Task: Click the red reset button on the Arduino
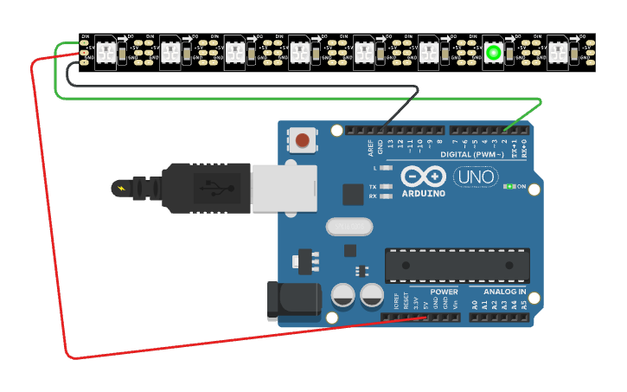(x=302, y=139)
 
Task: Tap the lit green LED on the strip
(x=493, y=53)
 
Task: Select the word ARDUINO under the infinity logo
(x=424, y=193)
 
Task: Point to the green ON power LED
(x=511, y=186)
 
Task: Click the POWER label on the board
(x=444, y=292)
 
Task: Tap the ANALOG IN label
(x=503, y=292)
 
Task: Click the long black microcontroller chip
(x=457, y=265)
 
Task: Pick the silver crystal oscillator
(x=349, y=227)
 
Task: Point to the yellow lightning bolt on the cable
(x=121, y=187)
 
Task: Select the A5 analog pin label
(x=523, y=305)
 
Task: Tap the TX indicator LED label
(x=374, y=186)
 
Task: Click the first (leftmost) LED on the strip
(x=105, y=53)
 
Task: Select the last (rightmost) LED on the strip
(x=558, y=53)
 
